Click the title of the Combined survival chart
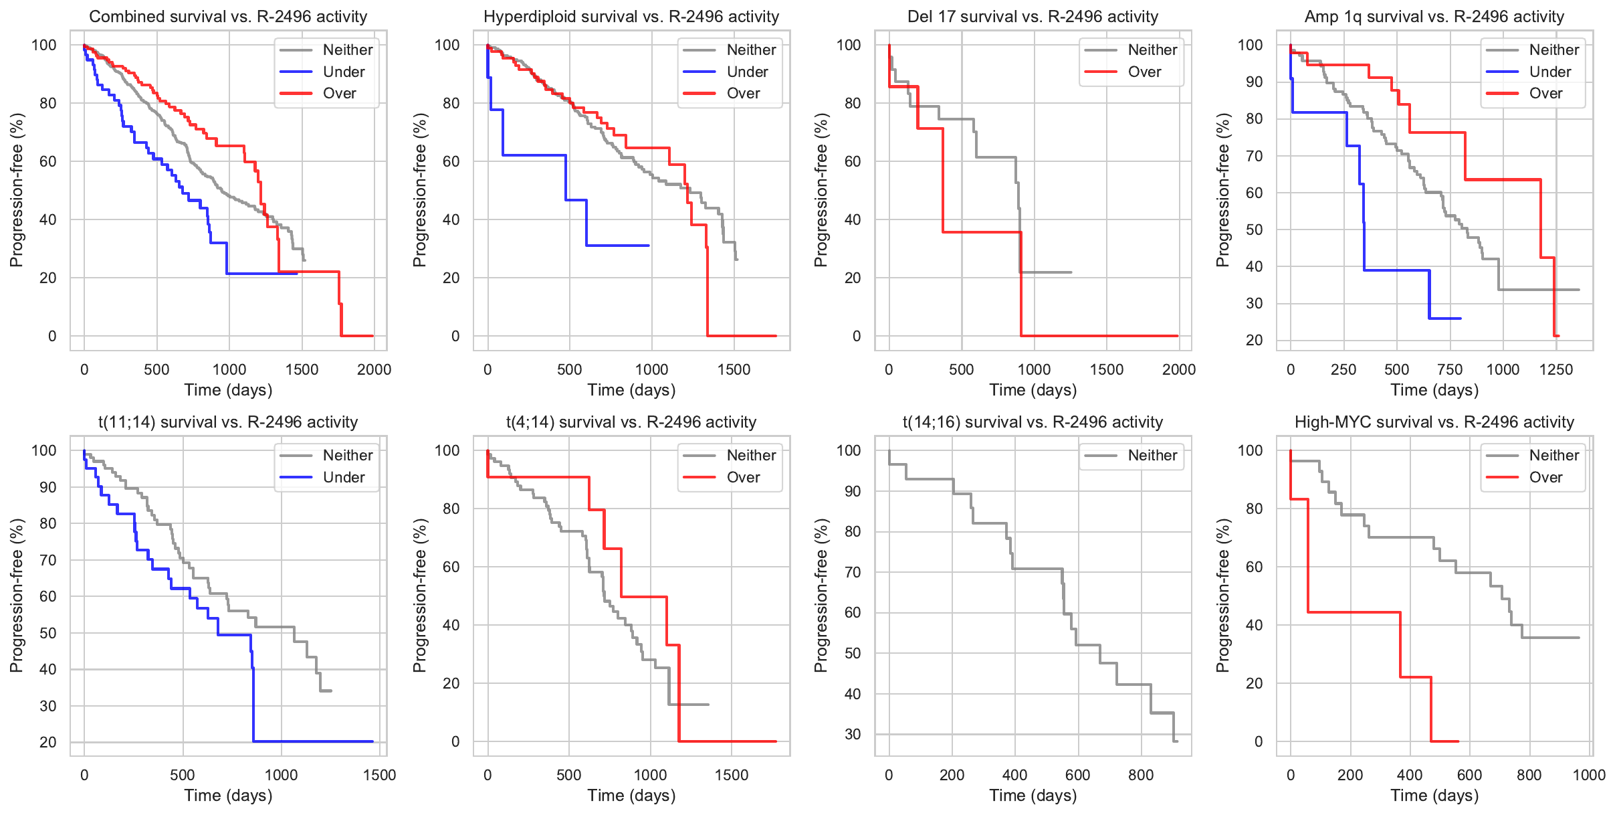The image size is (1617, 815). point(228,17)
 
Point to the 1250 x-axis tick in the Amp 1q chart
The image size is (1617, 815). point(1556,369)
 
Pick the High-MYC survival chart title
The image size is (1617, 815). point(1434,422)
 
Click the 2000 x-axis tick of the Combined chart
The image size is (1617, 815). point(374,369)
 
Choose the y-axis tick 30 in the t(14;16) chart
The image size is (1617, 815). point(852,734)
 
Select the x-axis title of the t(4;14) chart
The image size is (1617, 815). point(631,796)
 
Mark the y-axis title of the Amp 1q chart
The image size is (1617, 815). point(1222,190)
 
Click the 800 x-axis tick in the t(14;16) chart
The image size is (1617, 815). point(1140,775)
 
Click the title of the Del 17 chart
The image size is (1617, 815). point(1033,17)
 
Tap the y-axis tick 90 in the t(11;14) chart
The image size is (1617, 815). point(48,487)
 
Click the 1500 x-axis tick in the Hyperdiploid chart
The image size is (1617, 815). point(734,369)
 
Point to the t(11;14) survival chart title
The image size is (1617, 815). point(228,422)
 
